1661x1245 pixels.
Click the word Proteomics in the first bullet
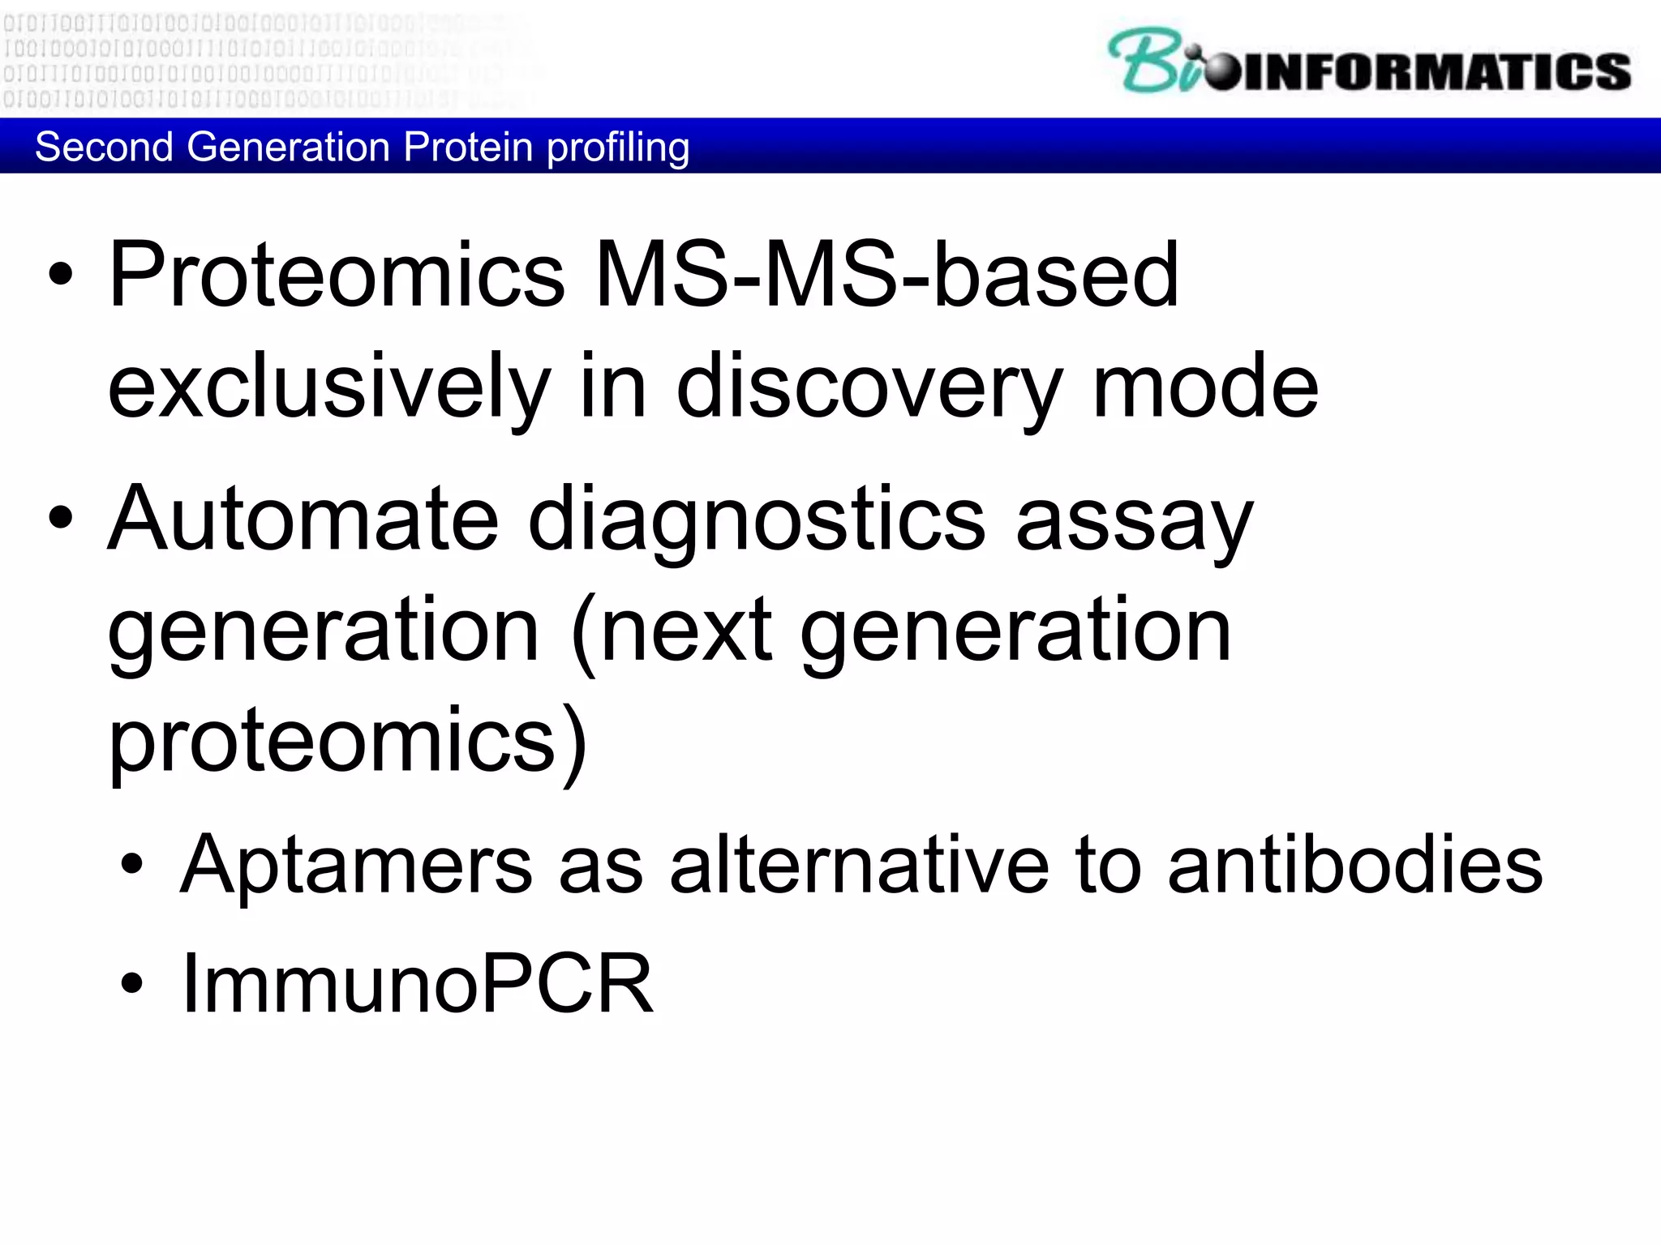point(337,276)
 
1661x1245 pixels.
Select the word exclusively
point(329,387)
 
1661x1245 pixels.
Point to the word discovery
point(869,387)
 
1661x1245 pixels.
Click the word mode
point(1205,387)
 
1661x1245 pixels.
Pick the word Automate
point(303,519)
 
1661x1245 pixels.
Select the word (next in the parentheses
point(672,631)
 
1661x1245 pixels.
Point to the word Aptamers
point(356,866)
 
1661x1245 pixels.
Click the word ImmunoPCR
point(417,983)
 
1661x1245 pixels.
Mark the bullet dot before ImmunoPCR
point(132,983)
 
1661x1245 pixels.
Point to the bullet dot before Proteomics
point(61,276)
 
